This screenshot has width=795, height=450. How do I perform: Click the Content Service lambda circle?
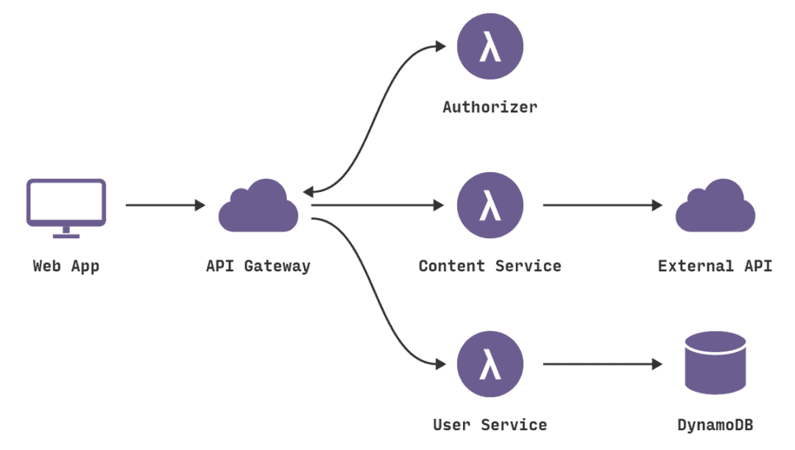[x=490, y=206]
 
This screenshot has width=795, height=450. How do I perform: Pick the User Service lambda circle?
[x=490, y=365]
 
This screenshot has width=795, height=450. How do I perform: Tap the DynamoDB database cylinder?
[x=715, y=362]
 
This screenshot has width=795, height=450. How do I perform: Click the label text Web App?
[x=66, y=266]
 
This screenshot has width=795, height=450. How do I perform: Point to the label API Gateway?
[x=258, y=266]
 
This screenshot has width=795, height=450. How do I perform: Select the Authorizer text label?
[x=490, y=107]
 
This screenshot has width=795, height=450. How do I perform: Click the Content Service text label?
[x=490, y=266]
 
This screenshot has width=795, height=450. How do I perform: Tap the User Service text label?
[x=490, y=425]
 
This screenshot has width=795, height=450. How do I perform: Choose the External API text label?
[x=715, y=266]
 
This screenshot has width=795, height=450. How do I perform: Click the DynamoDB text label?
[x=715, y=425]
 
